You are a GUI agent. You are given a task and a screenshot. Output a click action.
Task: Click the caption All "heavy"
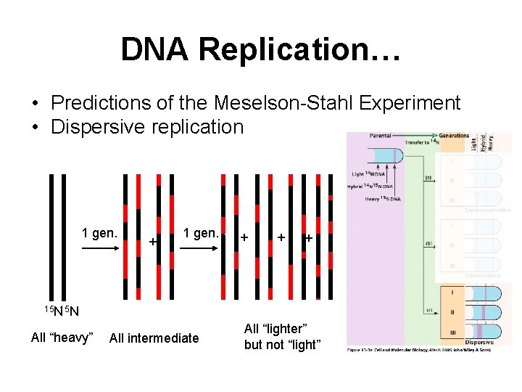pyautogui.click(x=62, y=337)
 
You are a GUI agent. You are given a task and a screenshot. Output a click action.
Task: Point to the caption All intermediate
pyautogui.click(x=154, y=338)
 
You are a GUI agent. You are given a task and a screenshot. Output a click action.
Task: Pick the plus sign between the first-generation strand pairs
pyautogui.click(x=153, y=240)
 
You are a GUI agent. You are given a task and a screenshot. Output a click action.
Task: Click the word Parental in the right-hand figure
pyautogui.click(x=381, y=135)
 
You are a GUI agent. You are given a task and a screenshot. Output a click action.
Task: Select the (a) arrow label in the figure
pyautogui.click(x=430, y=177)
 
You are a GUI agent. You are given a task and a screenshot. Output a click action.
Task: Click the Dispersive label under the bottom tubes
pyautogui.click(x=479, y=342)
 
